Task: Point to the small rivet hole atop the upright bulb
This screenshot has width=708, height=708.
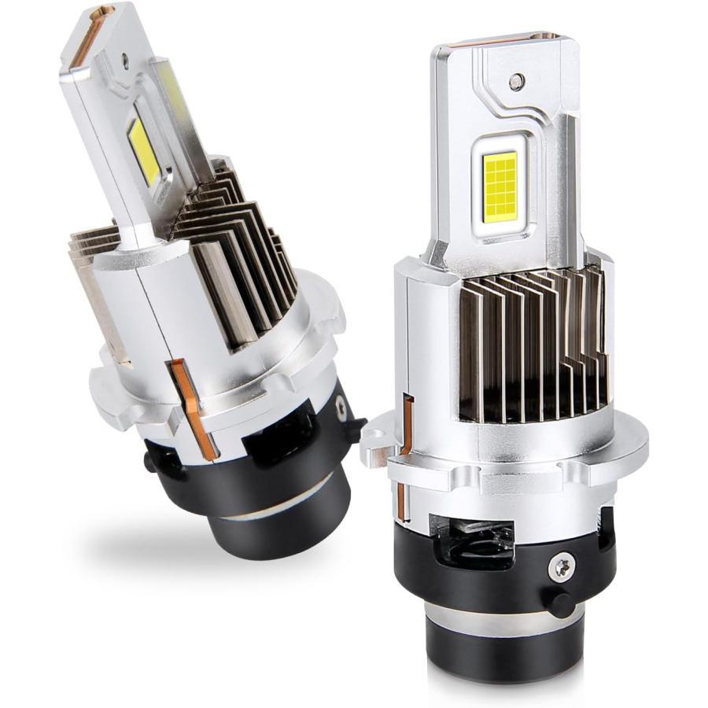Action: (515, 80)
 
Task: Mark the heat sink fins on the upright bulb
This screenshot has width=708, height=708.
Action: (535, 346)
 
